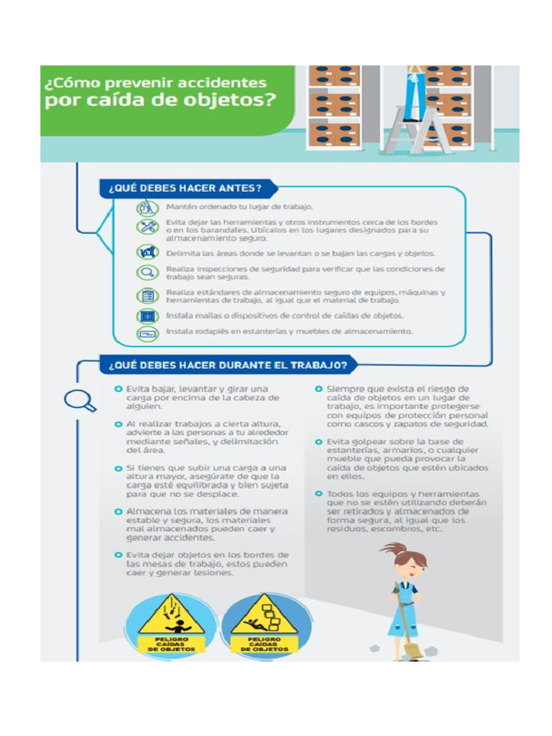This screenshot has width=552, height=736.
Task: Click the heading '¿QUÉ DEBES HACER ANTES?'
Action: pos(184,189)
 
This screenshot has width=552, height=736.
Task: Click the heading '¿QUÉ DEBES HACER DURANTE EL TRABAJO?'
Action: pos(228,365)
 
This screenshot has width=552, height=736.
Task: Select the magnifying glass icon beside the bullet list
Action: pos(79,400)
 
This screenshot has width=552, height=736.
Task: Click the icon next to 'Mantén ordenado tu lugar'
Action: pos(147,207)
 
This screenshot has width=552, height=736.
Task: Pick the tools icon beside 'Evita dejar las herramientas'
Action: pos(147,227)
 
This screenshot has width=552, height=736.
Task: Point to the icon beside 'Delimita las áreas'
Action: pos(147,252)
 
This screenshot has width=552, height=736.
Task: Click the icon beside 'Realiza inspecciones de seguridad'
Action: pos(147,272)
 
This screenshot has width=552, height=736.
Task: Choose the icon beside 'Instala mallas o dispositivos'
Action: pos(147,316)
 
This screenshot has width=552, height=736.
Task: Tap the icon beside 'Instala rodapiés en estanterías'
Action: pos(147,333)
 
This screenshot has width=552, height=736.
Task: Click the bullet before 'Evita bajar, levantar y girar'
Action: pos(119,389)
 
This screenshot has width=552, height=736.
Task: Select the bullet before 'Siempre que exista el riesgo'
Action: pos(318,389)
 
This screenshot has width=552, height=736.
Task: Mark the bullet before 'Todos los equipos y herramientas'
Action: pos(318,494)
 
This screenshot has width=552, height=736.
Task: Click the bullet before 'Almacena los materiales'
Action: pos(119,511)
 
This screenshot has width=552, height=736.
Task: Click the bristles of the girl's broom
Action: pos(415,650)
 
